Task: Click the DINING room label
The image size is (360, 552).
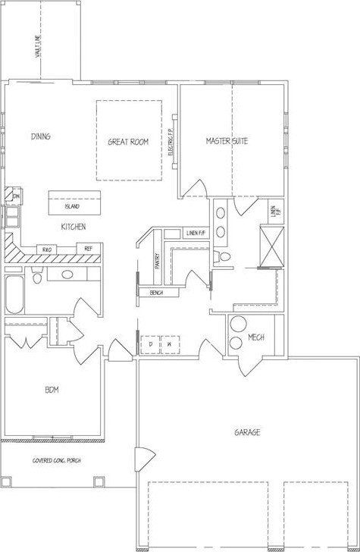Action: pyautogui.click(x=41, y=136)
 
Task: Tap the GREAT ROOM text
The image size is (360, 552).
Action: pyautogui.click(x=127, y=142)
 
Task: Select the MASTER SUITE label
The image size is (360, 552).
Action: pyautogui.click(x=227, y=141)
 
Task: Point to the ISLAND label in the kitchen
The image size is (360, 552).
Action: pyautogui.click(x=73, y=205)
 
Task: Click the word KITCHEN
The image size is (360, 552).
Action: pyautogui.click(x=73, y=227)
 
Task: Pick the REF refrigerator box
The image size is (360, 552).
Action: pyautogui.click(x=89, y=249)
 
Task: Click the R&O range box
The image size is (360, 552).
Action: pyautogui.click(x=47, y=249)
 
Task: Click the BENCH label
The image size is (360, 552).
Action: pyautogui.click(x=158, y=293)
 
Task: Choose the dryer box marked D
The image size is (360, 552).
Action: pyautogui.click(x=151, y=344)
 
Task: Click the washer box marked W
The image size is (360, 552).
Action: pyautogui.click(x=170, y=344)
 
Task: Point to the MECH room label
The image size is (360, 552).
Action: pyautogui.click(x=256, y=337)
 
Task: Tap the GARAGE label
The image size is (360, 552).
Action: pyautogui.click(x=247, y=432)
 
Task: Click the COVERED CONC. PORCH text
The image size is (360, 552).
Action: pyautogui.click(x=56, y=460)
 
